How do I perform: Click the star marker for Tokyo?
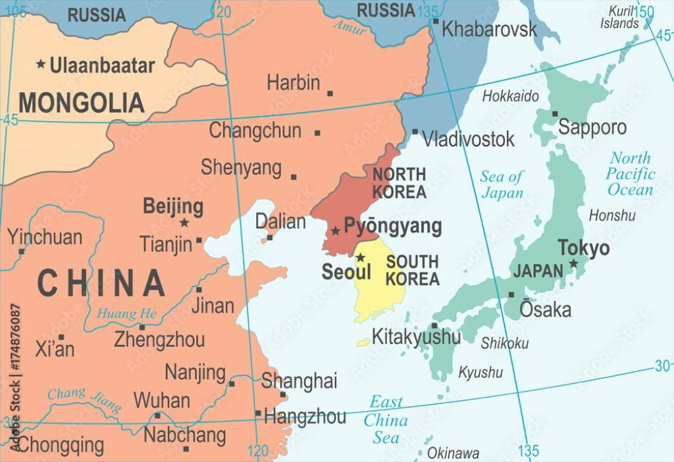pyautogui.click(x=573, y=263)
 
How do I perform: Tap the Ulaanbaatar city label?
pyautogui.click(x=102, y=66)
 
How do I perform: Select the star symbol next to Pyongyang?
pyautogui.click(x=336, y=230)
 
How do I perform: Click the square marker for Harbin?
pyautogui.click(x=330, y=93)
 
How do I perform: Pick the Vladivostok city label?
pyautogui.click(x=468, y=139)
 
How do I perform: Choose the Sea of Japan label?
pyautogui.click(x=502, y=184)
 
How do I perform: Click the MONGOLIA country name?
pyautogui.click(x=82, y=103)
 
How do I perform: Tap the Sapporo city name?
pyautogui.click(x=592, y=127)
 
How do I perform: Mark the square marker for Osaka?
pyautogui.click(x=511, y=295)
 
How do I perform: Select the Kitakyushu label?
pyautogui.click(x=416, y=336)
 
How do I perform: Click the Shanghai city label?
pyautogui.click(x=299, y=380)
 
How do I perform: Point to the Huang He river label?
pyautogui.click(x=126, y=314)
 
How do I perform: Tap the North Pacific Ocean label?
pyautogui.click(x=631, y=174)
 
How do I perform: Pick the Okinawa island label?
pyautogui.click(x=453, y=453)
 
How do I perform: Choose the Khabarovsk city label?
pyautogui.click(x=489, y=29)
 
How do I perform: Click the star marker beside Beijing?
pyautogui.click(x=184, y=223)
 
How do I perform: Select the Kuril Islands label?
pyautogui.click(x=619, y=17)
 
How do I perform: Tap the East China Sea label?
pyautogui.click(x=386, y=419)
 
